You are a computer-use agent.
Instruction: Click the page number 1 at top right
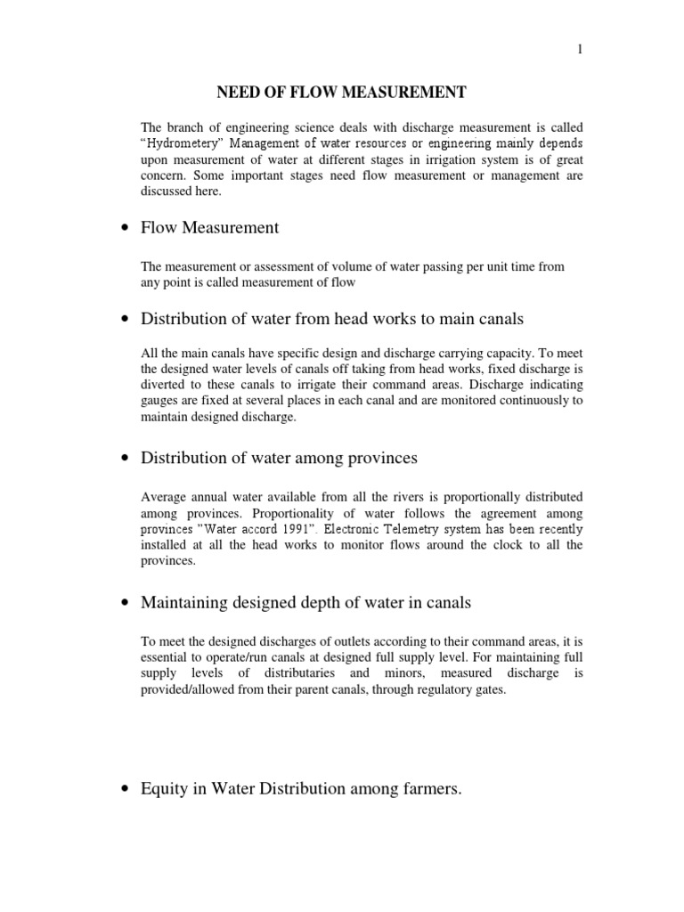[580, 51]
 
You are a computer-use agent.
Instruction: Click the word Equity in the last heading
[163, 788]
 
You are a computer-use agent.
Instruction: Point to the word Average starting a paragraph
[166, 497]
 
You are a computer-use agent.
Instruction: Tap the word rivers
[393, 497]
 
